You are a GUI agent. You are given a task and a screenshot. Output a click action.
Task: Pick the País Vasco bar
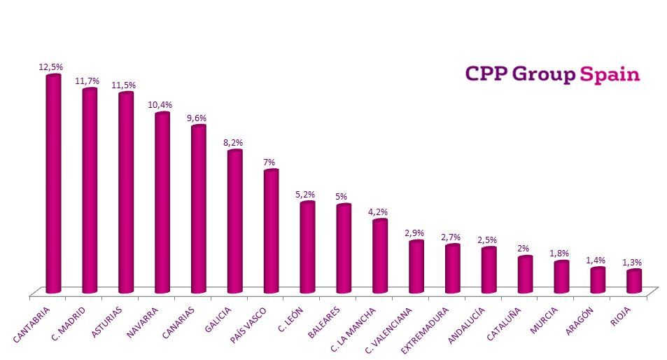point(271,231)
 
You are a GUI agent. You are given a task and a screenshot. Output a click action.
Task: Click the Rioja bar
point(634,281)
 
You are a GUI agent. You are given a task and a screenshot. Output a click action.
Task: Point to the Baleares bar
point(344,249)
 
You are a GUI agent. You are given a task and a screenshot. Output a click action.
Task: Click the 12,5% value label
point(50,67)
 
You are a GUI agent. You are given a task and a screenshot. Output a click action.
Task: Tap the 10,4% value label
point(160,105)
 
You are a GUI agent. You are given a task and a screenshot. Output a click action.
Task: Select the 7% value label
point(269,162)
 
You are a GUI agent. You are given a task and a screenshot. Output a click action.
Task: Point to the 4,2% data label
point(378,212)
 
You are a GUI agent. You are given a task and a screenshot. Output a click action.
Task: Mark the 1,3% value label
point(631,262)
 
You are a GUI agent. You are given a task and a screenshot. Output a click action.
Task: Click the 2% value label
point(523,249)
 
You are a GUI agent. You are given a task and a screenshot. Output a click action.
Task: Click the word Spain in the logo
point(610,75)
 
